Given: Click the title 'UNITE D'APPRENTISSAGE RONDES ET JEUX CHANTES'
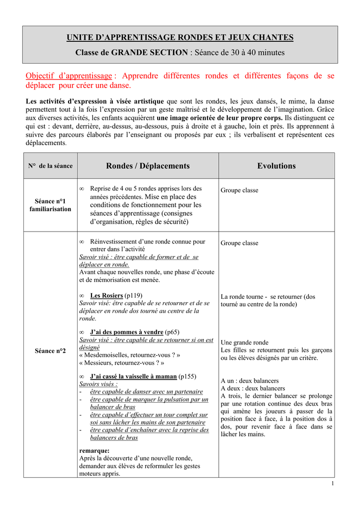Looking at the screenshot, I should pos(180,38).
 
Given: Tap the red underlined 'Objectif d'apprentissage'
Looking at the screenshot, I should pos(69,76).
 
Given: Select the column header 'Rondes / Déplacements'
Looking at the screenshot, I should pos(148,166).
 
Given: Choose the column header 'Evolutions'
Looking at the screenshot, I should pos(276,166).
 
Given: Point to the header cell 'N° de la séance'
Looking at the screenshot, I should pos(50,166).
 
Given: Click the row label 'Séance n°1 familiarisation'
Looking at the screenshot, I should pos(50,205).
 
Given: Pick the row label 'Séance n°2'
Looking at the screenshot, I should pos(50,351).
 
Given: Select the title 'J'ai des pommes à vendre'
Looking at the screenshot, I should pos(126,332).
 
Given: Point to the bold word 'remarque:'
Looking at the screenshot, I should pos(94,451).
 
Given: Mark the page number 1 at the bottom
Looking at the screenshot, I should pos(332,484).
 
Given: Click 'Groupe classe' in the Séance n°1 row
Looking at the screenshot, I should pos(239,190).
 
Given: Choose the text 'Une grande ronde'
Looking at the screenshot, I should pos(244,342).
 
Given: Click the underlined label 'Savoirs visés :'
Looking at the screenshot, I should pos(98,384).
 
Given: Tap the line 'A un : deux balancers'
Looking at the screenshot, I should pos(250,381).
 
